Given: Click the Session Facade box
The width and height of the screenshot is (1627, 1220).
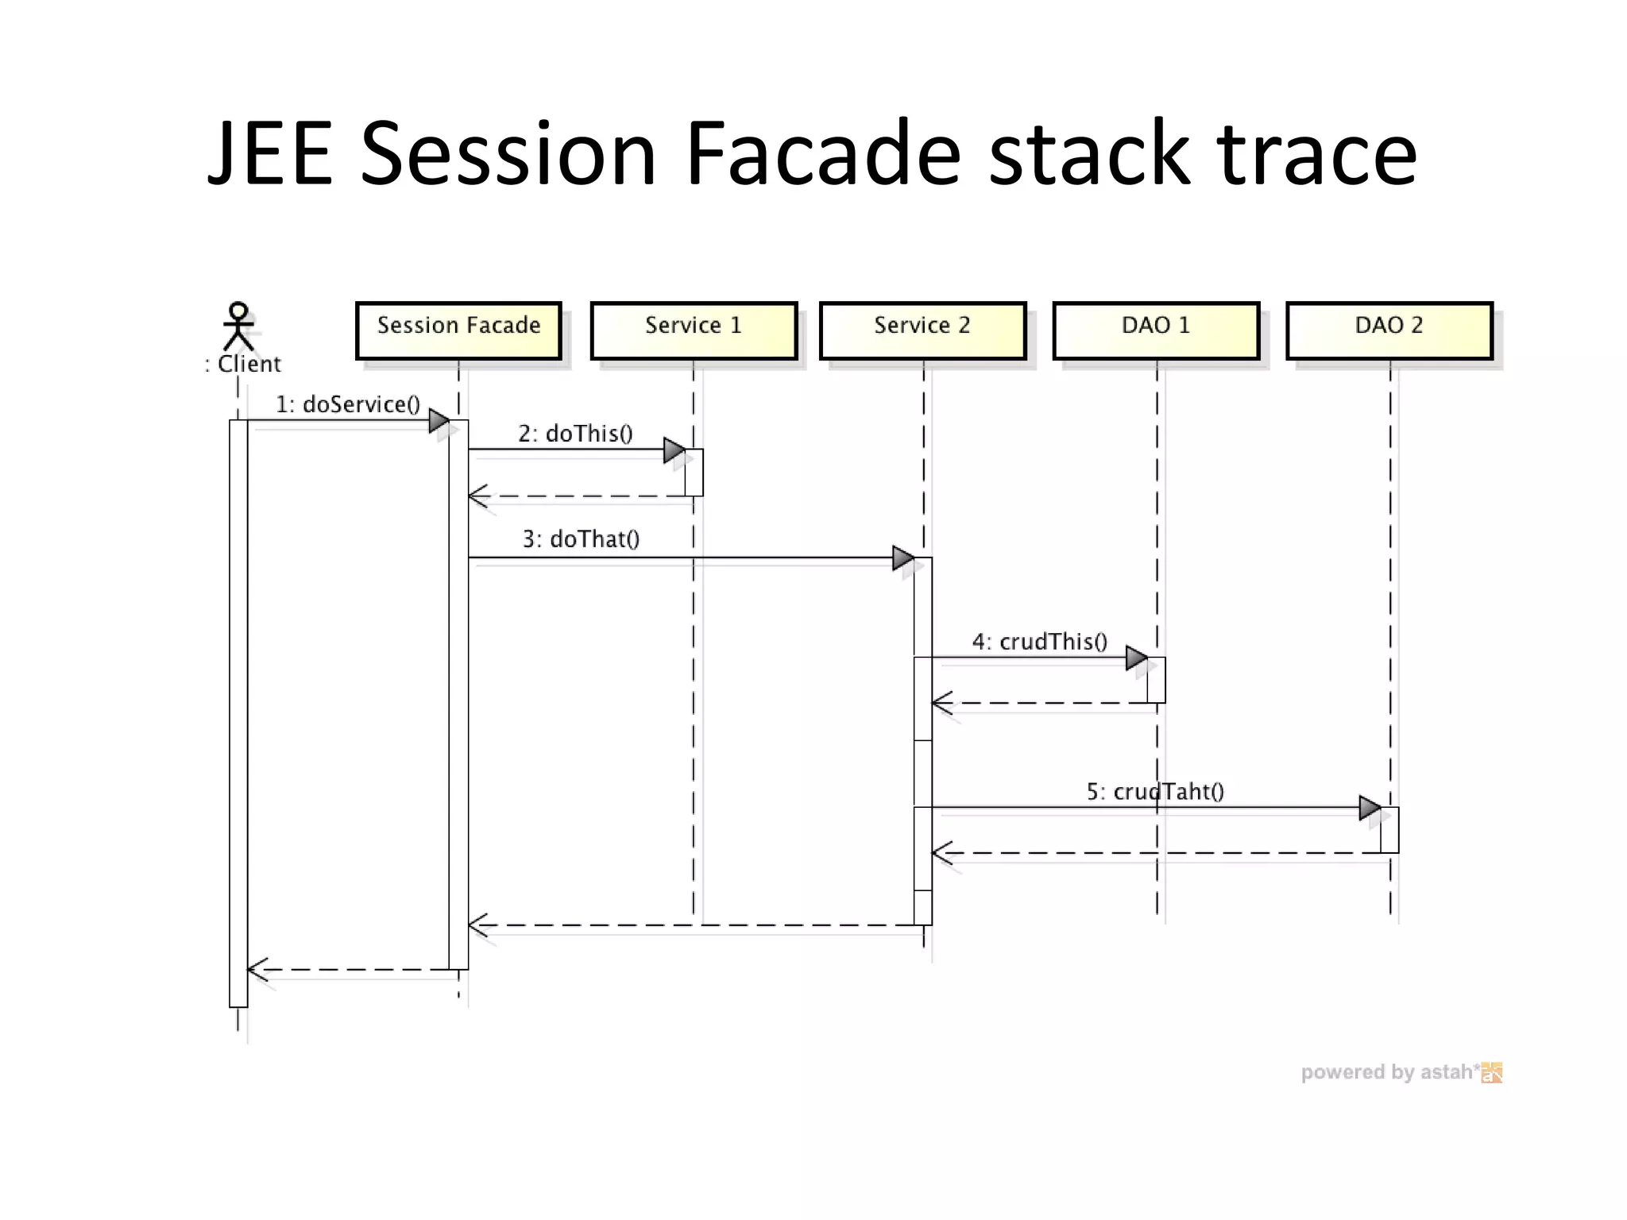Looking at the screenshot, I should click(x=458, y=330).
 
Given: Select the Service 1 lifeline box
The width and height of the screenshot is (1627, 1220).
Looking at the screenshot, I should click(x=694, y=330).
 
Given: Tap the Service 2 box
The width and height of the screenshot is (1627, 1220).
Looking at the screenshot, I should click(x=922, y=330).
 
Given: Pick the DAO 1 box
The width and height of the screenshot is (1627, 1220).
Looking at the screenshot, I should click(x=1156, y=330).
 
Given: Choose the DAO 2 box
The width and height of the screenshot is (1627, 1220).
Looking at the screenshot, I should click(x=1389, y=330).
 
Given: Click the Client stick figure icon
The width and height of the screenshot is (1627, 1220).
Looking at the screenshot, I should click(x=238, y=326).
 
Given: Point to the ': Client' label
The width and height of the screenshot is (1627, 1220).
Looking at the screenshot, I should click(x=243, y=364).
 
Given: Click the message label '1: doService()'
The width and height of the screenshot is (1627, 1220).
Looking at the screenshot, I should click(x=347, y=404).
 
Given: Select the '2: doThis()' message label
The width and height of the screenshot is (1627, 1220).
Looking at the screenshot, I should click(x=575, y=434).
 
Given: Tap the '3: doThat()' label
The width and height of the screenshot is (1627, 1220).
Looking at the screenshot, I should click(x=581, y=539).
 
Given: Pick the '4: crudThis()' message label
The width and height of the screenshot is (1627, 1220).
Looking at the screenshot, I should click(x=1039, y=642).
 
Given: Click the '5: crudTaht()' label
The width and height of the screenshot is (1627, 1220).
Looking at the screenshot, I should click(x=1155, y=791).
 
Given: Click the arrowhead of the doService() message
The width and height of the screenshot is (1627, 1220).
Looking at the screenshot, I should click(x=439, y=420).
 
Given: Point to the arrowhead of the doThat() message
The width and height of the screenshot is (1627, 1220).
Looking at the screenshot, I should click(x=902, y=558).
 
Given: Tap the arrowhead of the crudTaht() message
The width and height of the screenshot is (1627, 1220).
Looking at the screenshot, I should click(x=1370, y=809).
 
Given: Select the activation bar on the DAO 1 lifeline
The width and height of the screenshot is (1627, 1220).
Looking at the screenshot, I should click(x=1157, y=680).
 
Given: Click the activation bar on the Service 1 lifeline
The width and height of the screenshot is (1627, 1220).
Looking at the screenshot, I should click(x=694, y=473).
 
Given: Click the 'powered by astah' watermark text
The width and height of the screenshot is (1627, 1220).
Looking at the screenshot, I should click(x=1390, y=1072).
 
